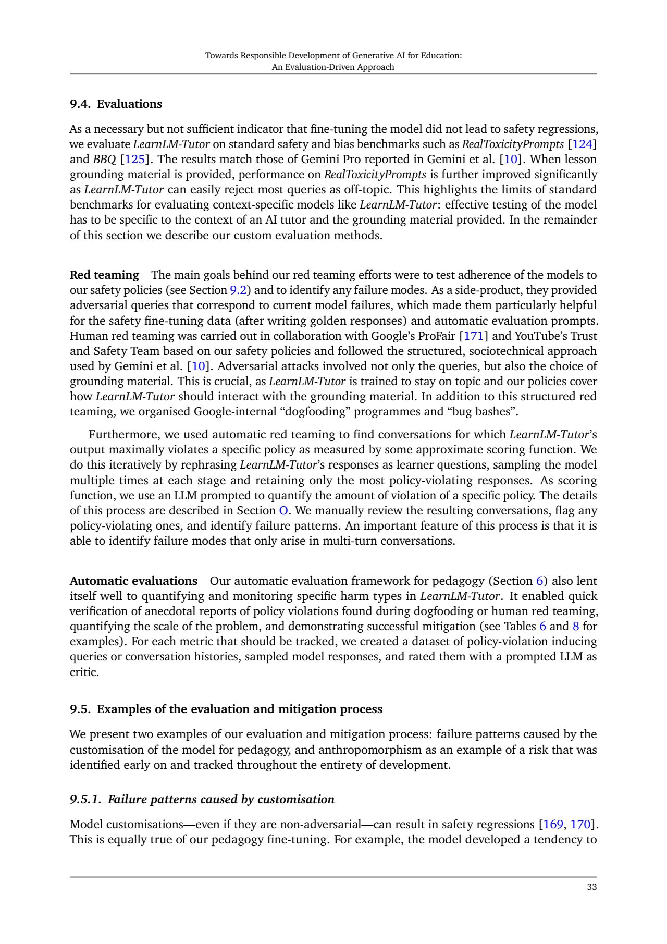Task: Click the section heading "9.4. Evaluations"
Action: (116, 104)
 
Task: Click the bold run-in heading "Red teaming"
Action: (104, 275)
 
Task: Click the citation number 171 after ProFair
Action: (474, 336)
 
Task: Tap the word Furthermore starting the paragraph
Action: (122, 434)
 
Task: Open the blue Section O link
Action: (283, 510)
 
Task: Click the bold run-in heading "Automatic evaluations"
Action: (133, 581)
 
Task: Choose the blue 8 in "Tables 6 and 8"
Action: (576, 626)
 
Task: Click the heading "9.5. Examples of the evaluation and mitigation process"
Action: (226, 709)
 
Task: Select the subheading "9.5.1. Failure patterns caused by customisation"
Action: (202, 799)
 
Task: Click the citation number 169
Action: (553, 824)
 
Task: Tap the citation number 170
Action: (580, 824)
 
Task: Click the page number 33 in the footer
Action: (591, 887)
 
